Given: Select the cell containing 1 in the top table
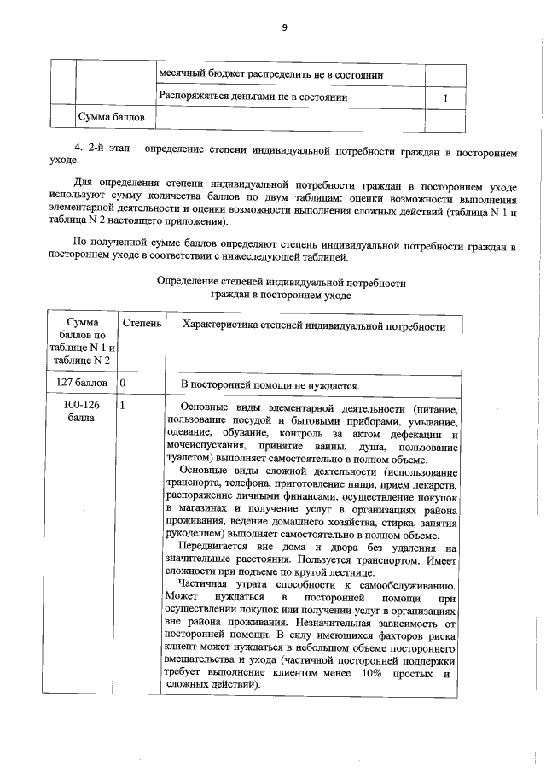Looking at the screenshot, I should (x=445, y=99).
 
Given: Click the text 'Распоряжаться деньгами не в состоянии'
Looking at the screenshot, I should (x=253, y=97).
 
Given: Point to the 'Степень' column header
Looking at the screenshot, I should (x=139, y=325).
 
